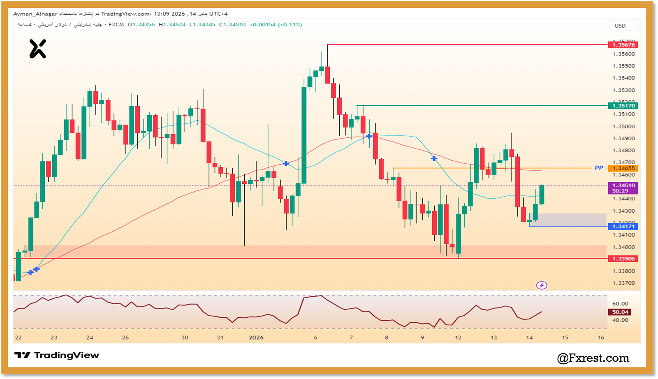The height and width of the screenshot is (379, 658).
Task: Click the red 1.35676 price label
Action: tap(623, 45)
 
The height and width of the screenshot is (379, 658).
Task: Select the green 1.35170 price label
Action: tap(623, 106)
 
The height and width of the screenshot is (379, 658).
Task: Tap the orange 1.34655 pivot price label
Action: tap(623, 168)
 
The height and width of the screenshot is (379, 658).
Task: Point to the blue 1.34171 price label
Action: tap(623, 226)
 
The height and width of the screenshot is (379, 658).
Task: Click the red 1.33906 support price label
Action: tap(623, 258)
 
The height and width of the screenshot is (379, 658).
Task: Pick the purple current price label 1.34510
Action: tap(623, 186)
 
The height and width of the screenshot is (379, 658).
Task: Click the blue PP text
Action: tap(599, 168)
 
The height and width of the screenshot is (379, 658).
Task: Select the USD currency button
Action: tap(620, 26)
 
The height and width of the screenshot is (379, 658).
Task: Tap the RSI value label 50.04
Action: tap(620, 312)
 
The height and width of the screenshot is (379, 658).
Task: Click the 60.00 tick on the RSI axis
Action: tap(620, 304)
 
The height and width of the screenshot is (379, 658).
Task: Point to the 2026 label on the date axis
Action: tap(256, 337)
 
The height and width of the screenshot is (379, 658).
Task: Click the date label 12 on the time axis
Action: tap(458, 337)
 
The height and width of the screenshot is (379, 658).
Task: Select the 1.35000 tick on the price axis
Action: tap(623, 126)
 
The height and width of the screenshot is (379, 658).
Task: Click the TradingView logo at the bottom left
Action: tap(57, 355)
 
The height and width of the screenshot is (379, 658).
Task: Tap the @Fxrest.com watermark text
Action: tap(593, 358)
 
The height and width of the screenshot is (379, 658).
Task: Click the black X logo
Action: tap(37, 49)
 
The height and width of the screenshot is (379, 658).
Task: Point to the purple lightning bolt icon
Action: tap(542, 285)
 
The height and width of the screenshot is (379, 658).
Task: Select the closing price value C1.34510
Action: tap(232, 25)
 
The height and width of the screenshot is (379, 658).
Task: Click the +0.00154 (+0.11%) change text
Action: tap(276, 25)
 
